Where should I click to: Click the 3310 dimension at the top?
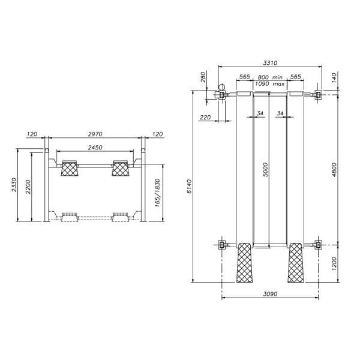coord(270,62)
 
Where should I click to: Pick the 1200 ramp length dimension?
coord(334,262)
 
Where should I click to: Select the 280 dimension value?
coord(203,78)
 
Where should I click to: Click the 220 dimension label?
coord(205,118)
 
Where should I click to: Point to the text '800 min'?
coord(270,77)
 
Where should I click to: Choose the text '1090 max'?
coord(269,84)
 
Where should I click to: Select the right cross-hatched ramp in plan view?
coord(296,263)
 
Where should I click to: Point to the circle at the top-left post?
coord(221,87)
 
